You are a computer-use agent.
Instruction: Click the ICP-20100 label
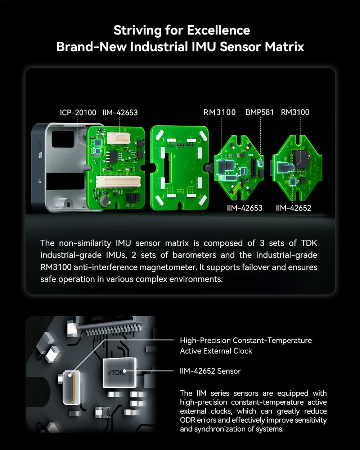(x=78, y=112)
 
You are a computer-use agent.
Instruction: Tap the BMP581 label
(x=260, y=112)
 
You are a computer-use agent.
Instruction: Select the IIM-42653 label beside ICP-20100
(x=120, y=112)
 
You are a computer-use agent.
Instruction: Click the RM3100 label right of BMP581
(x=295, y=112)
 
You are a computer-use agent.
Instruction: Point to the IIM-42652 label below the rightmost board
(x=293, y=208)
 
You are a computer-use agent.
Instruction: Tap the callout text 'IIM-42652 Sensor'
(x=210, y=371)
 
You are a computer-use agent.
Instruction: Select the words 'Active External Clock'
(x=216, y=351)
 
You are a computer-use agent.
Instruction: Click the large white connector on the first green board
(x=118, y=182)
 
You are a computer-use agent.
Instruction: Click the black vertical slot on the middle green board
(x=166, y=167)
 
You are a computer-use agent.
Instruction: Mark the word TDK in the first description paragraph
(x=309, y=243)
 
